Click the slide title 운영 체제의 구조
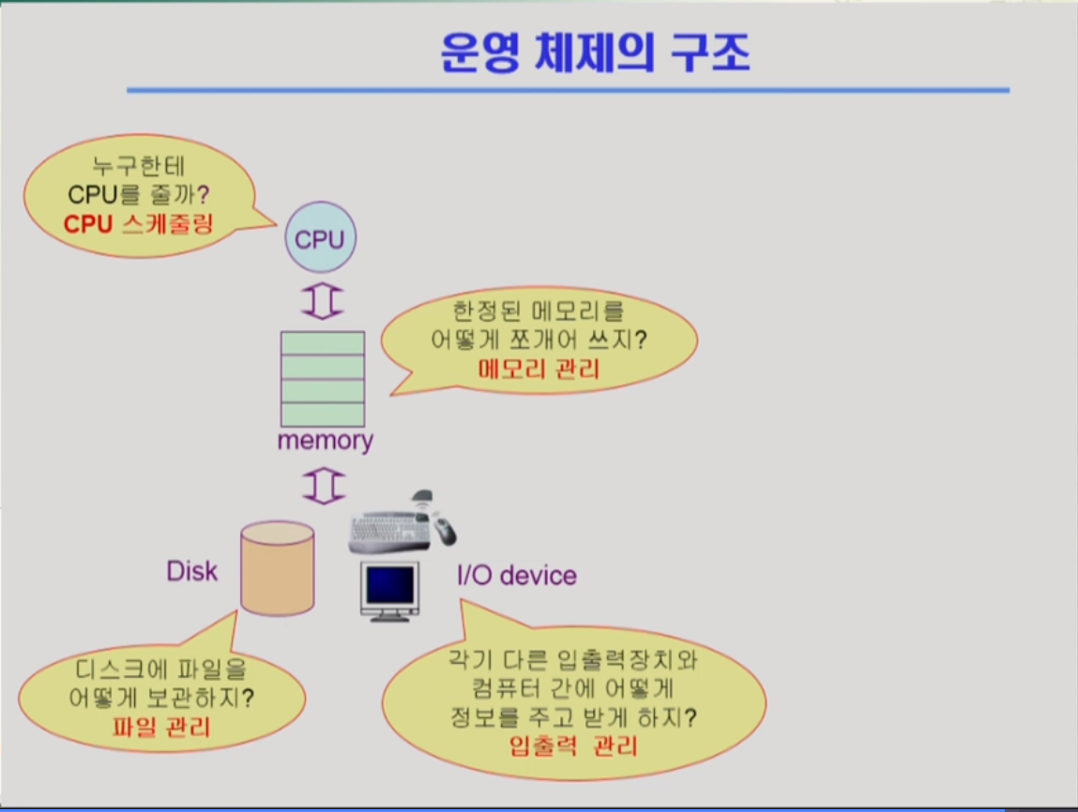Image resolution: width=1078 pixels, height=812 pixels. pos(595,53)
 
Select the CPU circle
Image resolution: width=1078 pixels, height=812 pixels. pos(320,237)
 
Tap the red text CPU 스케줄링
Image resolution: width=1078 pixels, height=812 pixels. pos(138,224)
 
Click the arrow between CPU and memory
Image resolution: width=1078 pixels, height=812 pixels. pos(323,301)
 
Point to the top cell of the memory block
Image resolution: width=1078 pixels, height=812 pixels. pos(323,343)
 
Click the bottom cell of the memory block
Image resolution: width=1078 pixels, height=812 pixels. pos(323,414)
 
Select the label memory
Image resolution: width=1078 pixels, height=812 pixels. pos(326,441)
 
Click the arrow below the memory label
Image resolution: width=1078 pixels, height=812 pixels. pos(324,487)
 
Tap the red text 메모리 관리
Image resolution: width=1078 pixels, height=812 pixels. pos(539,368)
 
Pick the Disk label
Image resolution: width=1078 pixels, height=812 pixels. pos(191,572)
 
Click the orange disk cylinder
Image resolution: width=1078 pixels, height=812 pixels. pos(278,567)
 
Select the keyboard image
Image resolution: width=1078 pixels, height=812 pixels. pos(389,533)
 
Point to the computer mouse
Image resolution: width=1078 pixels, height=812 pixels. pos(444,530)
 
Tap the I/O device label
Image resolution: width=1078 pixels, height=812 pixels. pos(517,576)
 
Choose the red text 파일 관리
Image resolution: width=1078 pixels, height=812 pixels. pos(161,727)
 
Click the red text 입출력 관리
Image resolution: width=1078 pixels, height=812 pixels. pos(573,745)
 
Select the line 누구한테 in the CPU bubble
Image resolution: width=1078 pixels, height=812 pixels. pos(138,166)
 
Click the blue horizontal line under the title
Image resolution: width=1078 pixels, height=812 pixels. pos(568,90)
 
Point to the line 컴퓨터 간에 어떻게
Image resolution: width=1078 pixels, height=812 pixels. pos(572,688)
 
